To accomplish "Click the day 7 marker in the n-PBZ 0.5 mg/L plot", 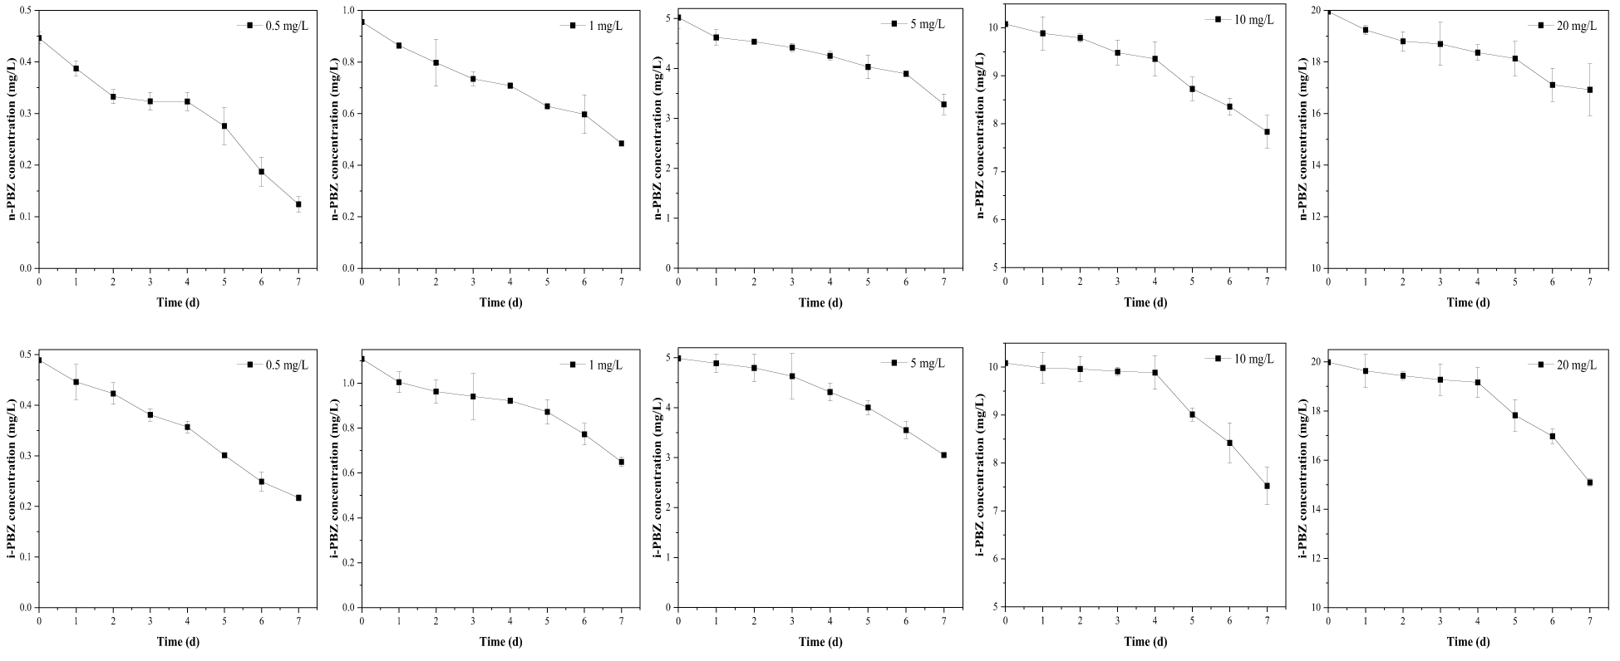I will click(x=298, y=204).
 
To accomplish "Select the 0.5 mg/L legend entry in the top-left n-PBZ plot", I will click(x=275, y=25).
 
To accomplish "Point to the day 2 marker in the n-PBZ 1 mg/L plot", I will click(x=436, y=63).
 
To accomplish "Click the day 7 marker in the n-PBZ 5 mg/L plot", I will click(x=944, y=105).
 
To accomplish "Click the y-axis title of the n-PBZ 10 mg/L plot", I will click(x=983, y=139).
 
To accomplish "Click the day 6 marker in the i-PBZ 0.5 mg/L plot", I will click(x=261, y=482).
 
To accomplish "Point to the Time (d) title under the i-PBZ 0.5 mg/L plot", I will click(x=178, y=641).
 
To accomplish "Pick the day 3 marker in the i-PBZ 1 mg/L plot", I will click(x=473, y=397).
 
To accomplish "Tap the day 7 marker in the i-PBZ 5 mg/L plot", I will click(x=944, y=455).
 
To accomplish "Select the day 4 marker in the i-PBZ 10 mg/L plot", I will click(x=1155, y=373).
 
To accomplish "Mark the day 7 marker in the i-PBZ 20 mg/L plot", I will click(x=1590, y=482).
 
